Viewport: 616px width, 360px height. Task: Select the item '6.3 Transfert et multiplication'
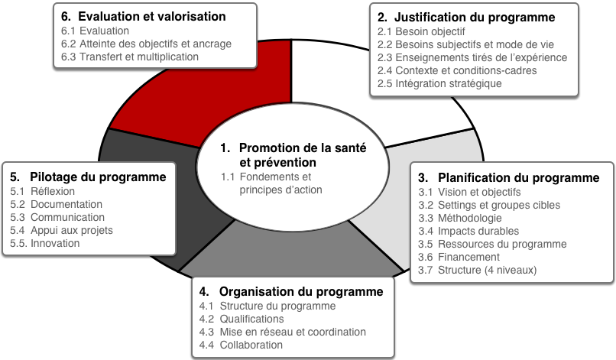[130, 57]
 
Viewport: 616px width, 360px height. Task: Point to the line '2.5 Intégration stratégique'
[439, 83]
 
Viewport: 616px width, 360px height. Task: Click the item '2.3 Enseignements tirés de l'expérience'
[472, 57]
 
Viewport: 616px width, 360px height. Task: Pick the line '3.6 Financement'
[459, 257]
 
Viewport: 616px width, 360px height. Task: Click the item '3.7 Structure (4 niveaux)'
[478, 270]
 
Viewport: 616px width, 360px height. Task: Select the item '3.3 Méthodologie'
[460, 218]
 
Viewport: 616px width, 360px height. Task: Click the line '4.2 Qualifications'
[242, 319]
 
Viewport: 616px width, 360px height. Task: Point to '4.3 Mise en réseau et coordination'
[283, 332]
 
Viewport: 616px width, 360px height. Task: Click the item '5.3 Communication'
[57, 217]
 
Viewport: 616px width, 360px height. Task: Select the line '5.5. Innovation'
[45, 243]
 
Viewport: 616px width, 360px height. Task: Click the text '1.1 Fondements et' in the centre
[266, 177]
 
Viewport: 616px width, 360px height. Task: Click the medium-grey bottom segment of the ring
[291, 251]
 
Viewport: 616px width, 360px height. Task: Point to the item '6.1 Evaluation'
[95, 31]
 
